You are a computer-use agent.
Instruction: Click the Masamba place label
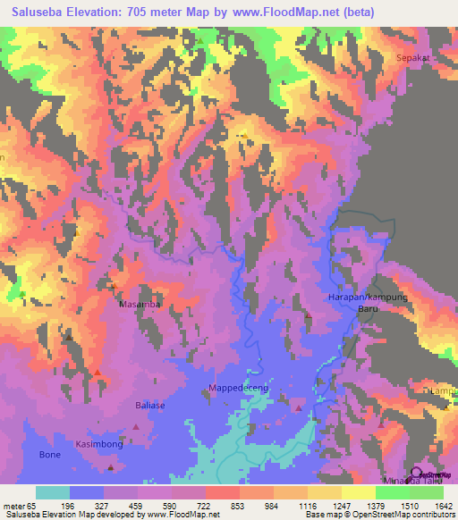[140, 305]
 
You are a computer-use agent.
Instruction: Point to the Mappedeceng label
[239, 387]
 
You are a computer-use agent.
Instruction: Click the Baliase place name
[149, 406]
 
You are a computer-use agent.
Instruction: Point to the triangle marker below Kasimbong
[111, 466]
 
